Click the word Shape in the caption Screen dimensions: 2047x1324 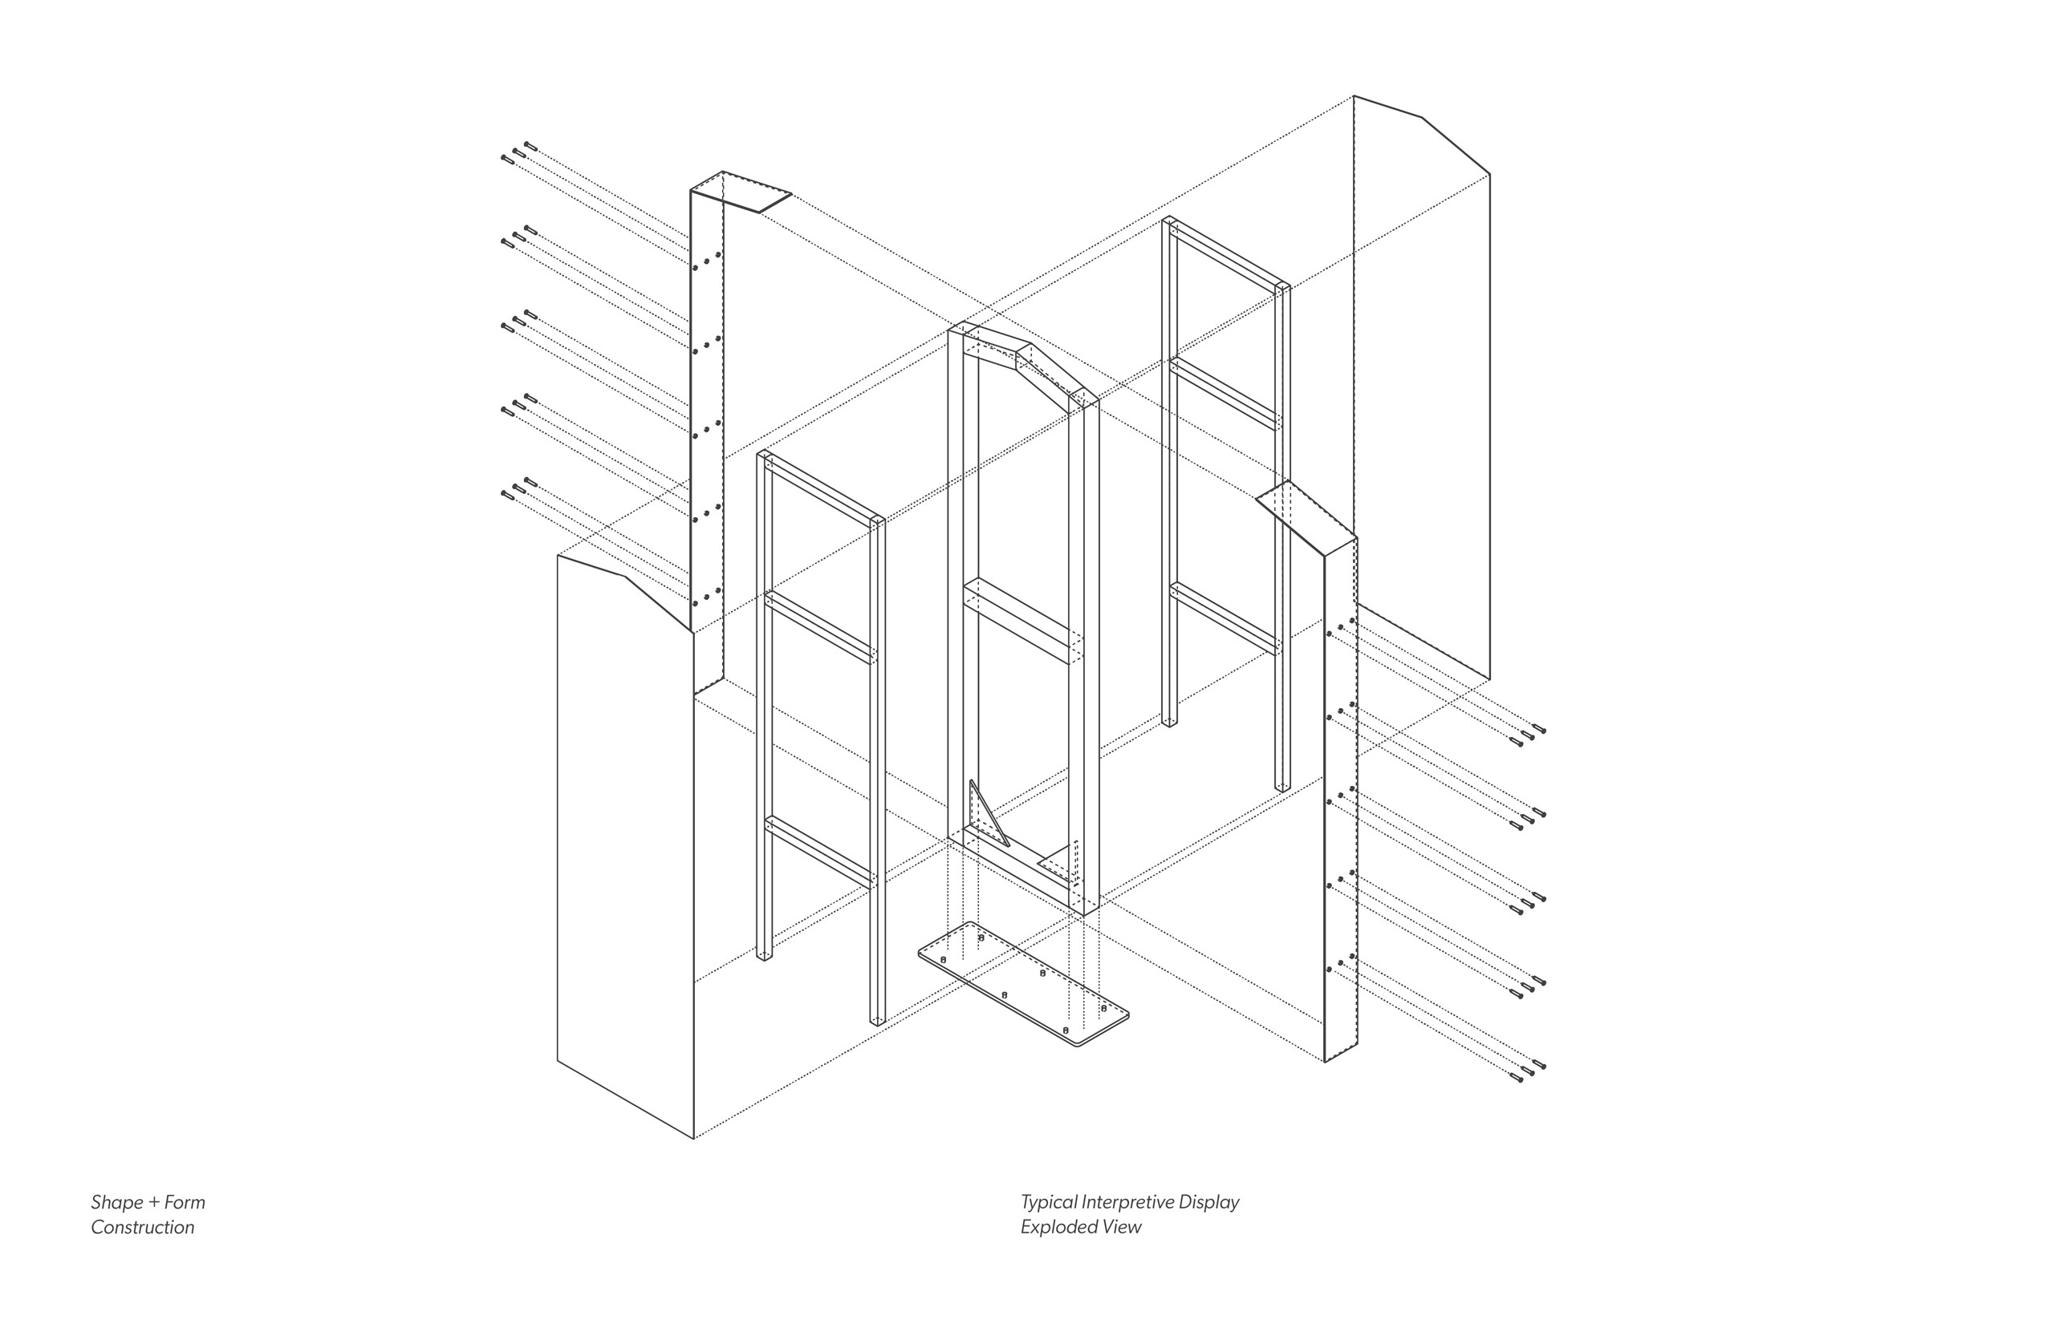[117, 1203]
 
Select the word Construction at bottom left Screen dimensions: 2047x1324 [143, 1227]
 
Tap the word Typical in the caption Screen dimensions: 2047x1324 [1048, 1203]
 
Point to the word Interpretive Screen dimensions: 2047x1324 [1127, 1203]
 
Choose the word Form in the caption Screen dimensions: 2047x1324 [185, 1202]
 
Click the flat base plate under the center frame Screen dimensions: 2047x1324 [1024, 986]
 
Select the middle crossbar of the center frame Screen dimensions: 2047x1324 [1021, 619]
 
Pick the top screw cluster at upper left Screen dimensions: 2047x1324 [518, 152]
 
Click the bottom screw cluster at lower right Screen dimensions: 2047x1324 [1527, 1071]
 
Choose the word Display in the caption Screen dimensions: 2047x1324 [1209, 1203]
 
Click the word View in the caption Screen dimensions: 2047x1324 [1122, 1227]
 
